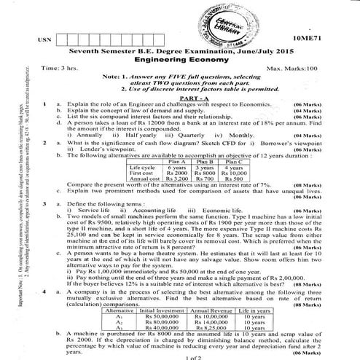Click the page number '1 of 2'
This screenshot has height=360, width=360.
192,356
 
